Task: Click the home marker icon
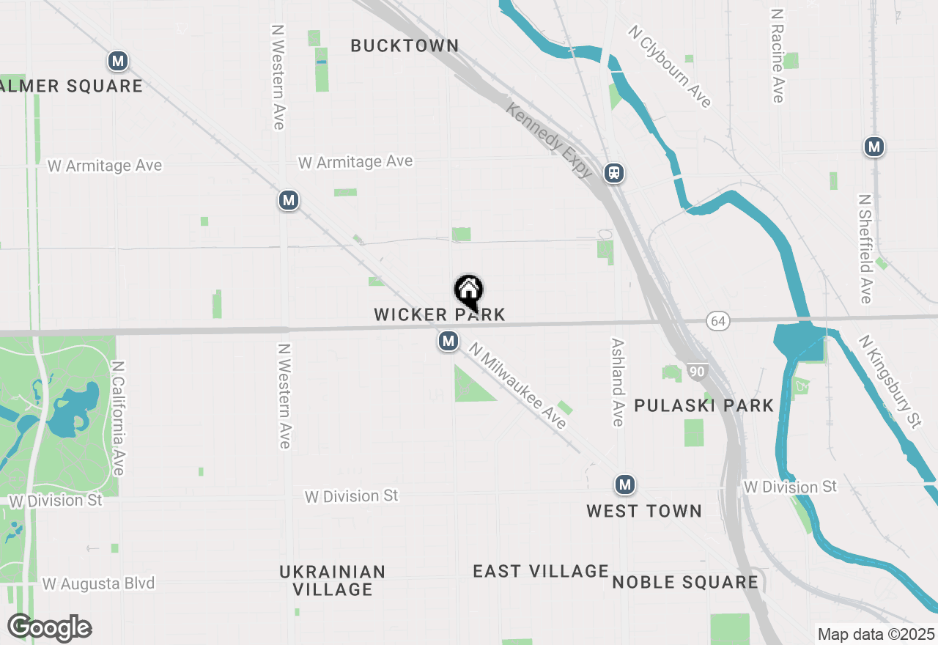tap(469, 291)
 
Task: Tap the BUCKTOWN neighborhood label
tap(405, 45)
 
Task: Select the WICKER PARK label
tap(440, 314)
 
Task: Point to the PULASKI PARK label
tap(703, 405)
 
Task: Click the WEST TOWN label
tap(644, 511)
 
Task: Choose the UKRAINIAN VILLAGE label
tap(333, 580)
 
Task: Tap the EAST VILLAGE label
tap(541, 571)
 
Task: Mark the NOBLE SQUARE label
tap(685, 582)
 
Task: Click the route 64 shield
tap(719, 321)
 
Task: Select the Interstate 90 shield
tap(697, 372)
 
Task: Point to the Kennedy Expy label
tap(550, 140)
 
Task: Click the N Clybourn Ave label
tap(670, 66)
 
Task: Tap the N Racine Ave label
tap(778, 56)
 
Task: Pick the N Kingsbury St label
tap(890, 381)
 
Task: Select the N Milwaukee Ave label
tap(518, 386)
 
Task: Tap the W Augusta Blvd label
tap(99, 583)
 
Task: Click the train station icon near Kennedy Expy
tap(614, 173)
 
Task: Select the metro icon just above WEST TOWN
tap(625, 484)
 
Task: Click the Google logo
tap(50, 627)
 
